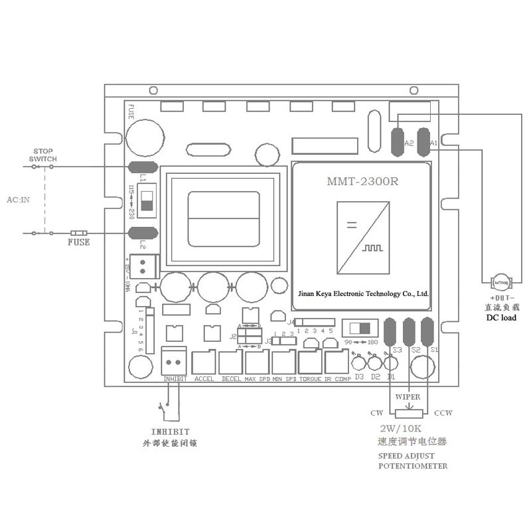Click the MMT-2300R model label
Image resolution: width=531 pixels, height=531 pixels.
pyautogui.click(x=362, y=181)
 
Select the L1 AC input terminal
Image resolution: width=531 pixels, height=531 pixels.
pyautogui.click(x=142, y=168)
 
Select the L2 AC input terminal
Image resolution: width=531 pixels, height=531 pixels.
pyautogui.click(x=142, y=232)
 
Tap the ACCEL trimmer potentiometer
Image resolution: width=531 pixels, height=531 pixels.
pyautogui.click(x=204, y=362)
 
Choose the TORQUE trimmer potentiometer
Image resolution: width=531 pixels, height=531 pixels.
pyautogui.click(x=310, y=362)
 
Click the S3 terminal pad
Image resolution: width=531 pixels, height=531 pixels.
pyautogui.click(x=390, y=331)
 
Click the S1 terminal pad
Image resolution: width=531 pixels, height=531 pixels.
pyautogui.click(x=427, y=331)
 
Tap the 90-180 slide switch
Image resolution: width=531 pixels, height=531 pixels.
pyautogui.click(x=360, y=328)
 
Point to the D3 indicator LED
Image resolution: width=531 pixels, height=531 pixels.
pyautogui.click(x=359, y=363)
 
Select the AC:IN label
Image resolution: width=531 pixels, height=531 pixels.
pyautogui.click(x=18, y=198)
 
